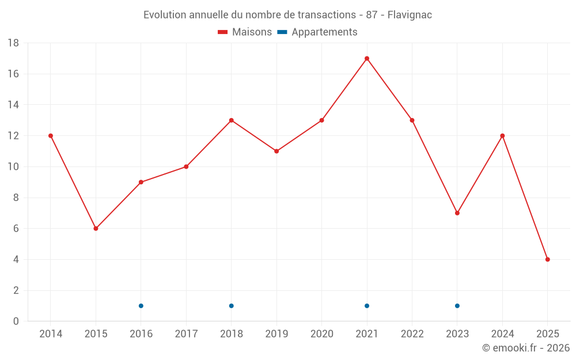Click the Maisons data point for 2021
click(367, 58)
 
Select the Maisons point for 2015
click(96, 229)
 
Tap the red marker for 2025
click(548, 259)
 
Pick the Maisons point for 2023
click(457, 213)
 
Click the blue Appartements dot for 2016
click(141, 306)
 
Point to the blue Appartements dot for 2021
click(367, 306)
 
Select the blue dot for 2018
click(232, 306)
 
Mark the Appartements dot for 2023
click(457, 306)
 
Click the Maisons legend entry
click(245, 32)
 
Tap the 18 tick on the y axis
click(13, 43)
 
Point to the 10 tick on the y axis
click(13, 167)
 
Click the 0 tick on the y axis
click(16, 321)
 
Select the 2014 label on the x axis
click(51, 334)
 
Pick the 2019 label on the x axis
click(276, 334)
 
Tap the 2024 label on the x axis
click(502, 334)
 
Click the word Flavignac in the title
click(410, 15)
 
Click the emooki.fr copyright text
click(525, 348)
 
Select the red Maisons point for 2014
click(51, 136)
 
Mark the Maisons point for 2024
click(502, 136)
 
